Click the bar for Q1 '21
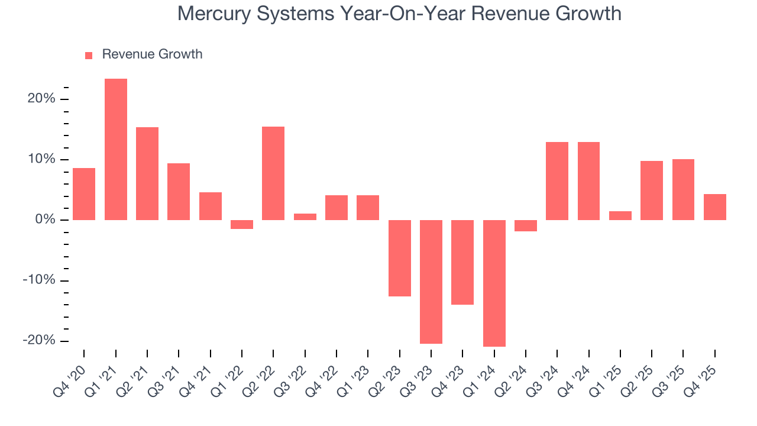pos(116,149)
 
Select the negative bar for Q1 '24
pos(494,283)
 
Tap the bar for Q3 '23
pos(431,282)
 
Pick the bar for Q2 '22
pos(273,173)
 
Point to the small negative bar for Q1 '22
pos(242,224)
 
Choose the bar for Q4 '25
pos(715,207)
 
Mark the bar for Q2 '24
pos(526,225)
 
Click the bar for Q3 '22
pos(305,217)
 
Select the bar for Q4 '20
pos(84,194)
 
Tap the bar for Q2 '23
pos(400,258)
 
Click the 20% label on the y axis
pos(41,99)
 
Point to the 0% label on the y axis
pos(44,220)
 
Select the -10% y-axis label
pos(38,280)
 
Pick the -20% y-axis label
pos(38,341)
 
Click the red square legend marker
pos(89,55)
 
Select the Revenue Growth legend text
pos(152,54)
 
